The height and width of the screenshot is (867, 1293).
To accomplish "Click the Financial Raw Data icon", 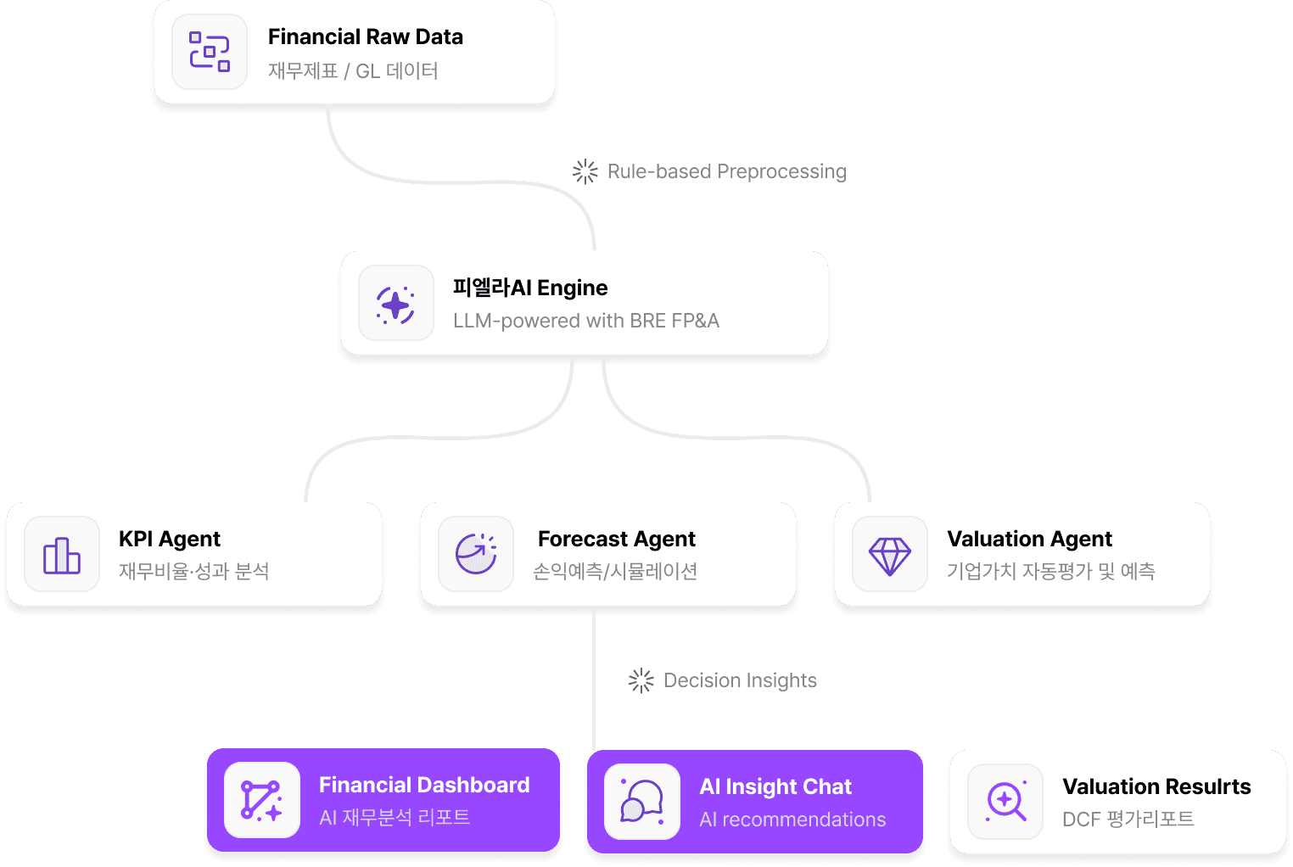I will point(210,52).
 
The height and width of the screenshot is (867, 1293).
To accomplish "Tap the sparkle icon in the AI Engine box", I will point(395,304).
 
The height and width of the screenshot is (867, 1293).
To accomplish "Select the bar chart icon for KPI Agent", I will point(62,555).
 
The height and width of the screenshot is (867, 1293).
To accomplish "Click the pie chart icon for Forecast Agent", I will point(476,554).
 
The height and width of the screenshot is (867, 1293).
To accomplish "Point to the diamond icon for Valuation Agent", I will point(889,555).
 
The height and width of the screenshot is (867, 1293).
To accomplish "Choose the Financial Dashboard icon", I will point(261,800).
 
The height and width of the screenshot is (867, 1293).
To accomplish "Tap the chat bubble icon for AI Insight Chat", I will point(641,802).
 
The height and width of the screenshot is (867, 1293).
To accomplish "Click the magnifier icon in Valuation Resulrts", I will point(1005,801).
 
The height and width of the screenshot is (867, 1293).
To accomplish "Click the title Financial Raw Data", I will point(365,36).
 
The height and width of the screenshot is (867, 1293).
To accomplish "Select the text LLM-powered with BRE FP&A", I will point(585,321).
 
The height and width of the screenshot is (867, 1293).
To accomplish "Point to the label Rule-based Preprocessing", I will point(726,171).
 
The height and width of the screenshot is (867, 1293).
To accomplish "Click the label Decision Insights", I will point(739,680).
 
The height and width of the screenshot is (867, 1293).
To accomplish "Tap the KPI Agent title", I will point(169,539).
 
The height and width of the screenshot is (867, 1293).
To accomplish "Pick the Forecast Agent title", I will point(616,539).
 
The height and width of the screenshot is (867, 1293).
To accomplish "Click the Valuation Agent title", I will point(1028,539).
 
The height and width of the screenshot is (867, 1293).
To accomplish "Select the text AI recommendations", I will point(792,819).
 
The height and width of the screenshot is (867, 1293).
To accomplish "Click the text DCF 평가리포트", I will point(1128,819).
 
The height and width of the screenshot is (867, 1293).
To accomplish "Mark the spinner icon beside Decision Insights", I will point(641,680).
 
